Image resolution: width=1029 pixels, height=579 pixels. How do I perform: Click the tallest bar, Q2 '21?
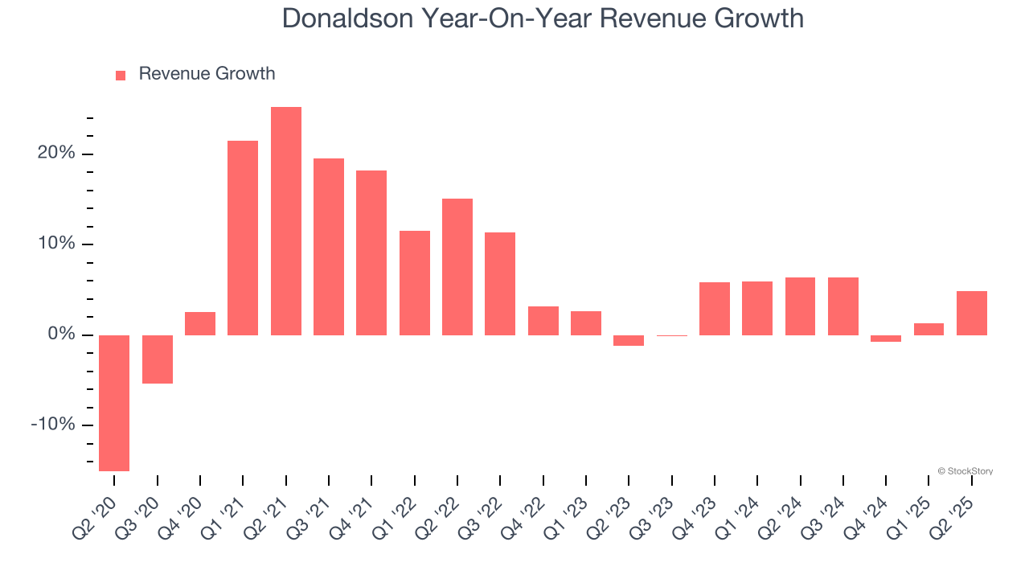[285, 221]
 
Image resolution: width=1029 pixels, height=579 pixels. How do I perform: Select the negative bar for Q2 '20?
[114, 402]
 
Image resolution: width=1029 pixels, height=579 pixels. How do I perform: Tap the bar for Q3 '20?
[158, 359]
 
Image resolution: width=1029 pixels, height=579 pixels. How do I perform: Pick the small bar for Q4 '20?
[200, 323]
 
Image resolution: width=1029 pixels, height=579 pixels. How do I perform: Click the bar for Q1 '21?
[243, 238]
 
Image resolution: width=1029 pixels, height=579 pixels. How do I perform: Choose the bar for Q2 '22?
[457, 267]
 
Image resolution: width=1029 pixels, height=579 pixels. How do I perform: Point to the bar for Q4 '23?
[715, 309]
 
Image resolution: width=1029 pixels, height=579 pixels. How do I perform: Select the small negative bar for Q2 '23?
[629, 340]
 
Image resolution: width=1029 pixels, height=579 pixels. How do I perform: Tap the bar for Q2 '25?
[972, 313]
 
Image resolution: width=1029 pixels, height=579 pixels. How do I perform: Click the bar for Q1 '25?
[929, 329]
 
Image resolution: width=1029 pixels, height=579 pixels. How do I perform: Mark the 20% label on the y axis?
[55, 154]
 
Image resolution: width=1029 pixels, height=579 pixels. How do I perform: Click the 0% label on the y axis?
[60, 335]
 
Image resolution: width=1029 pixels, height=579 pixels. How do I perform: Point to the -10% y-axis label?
[52, 425]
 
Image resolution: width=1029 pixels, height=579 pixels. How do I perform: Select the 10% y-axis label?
[55, 244]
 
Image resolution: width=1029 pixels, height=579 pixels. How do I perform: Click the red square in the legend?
[121, 75]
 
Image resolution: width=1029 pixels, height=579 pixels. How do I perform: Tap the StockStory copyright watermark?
[965, 471]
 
